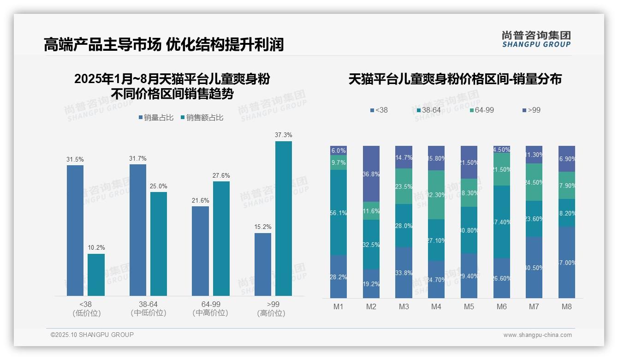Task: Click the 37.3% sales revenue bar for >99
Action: pos(284,218)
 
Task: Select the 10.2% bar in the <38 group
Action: pos(96,275)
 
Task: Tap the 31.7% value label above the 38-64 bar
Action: pos(137,158)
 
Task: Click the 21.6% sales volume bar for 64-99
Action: pos(200,251)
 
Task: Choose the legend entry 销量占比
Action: pos(156,118)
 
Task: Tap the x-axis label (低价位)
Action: pos(86,313)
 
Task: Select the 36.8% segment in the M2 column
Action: pos(371,174)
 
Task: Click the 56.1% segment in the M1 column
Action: pos(339,212)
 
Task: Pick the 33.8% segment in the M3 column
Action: pos(404,272)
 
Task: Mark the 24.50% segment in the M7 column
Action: pos(534,182)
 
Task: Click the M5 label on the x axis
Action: pos(469,307)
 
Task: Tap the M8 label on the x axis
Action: pos(567,307)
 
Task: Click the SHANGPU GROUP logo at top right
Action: pos(536,39)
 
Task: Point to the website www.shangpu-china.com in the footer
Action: pos(537,335)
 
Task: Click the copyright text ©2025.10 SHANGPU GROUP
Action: pos(92,335)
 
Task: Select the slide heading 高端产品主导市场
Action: pos(102,44)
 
